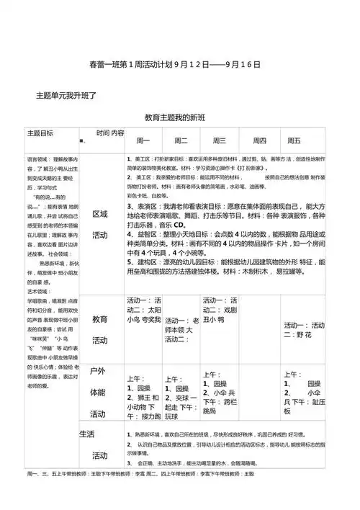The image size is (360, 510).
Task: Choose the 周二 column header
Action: point(181,140)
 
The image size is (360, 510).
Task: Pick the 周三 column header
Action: point(219,140)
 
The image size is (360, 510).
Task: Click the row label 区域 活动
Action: point(100,224)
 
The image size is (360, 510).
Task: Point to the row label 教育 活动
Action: point(100,328)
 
